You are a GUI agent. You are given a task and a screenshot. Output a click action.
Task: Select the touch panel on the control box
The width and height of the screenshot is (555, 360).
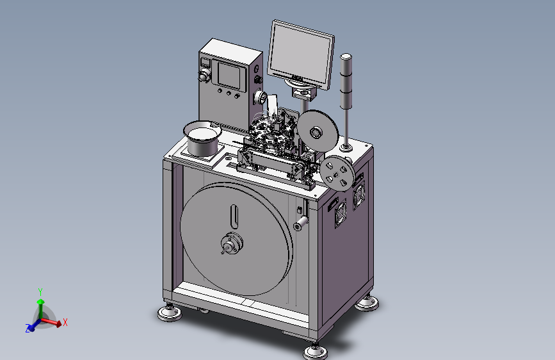[x=232, y=76]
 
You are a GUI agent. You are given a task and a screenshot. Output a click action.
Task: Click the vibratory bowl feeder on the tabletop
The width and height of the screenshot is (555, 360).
[x=202, y=138]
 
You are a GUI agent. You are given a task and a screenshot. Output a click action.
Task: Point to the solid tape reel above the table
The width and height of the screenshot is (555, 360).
[x=318, y=130]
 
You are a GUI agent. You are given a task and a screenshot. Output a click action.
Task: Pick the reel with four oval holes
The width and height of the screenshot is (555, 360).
[x=337, y=174]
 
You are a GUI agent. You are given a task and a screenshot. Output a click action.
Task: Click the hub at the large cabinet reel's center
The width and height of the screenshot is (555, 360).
[x=232, y=244]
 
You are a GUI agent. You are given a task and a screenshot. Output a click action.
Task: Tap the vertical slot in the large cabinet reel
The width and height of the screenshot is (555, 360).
[x=234, y=217]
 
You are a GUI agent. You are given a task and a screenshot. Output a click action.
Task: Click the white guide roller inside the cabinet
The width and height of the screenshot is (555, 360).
[x=300, y=223]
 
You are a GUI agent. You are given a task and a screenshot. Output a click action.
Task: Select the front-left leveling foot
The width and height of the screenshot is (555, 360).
[x=170, y=312]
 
